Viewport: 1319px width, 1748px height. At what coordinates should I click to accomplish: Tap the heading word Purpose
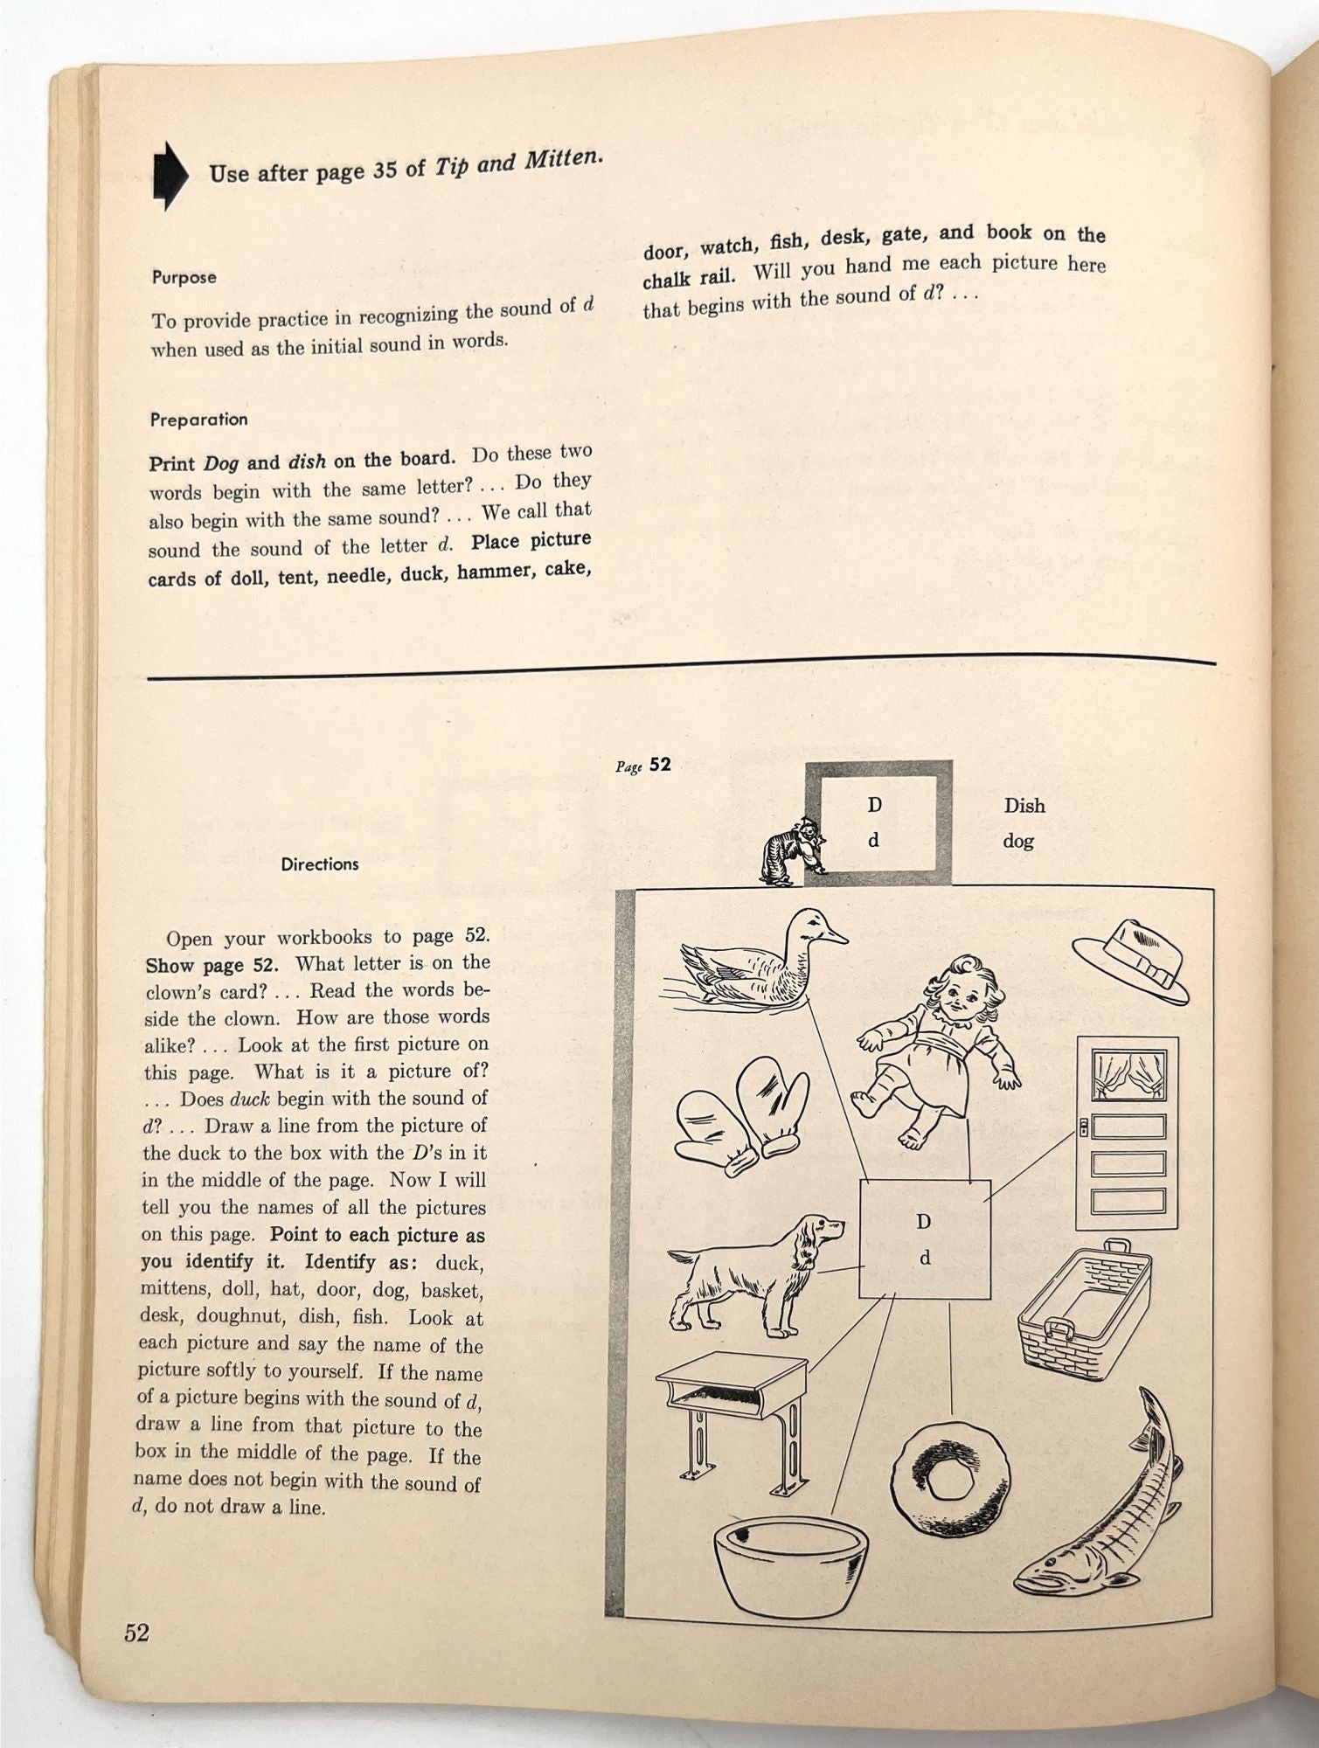click(184, 277)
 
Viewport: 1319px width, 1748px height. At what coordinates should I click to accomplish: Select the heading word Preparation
click(198, 420)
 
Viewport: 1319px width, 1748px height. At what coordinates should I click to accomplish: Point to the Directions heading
click(320, 864)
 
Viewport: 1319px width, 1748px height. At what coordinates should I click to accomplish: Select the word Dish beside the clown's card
click(1024, 805)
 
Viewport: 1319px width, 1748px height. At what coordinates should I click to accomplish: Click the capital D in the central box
click(923, 1221)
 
